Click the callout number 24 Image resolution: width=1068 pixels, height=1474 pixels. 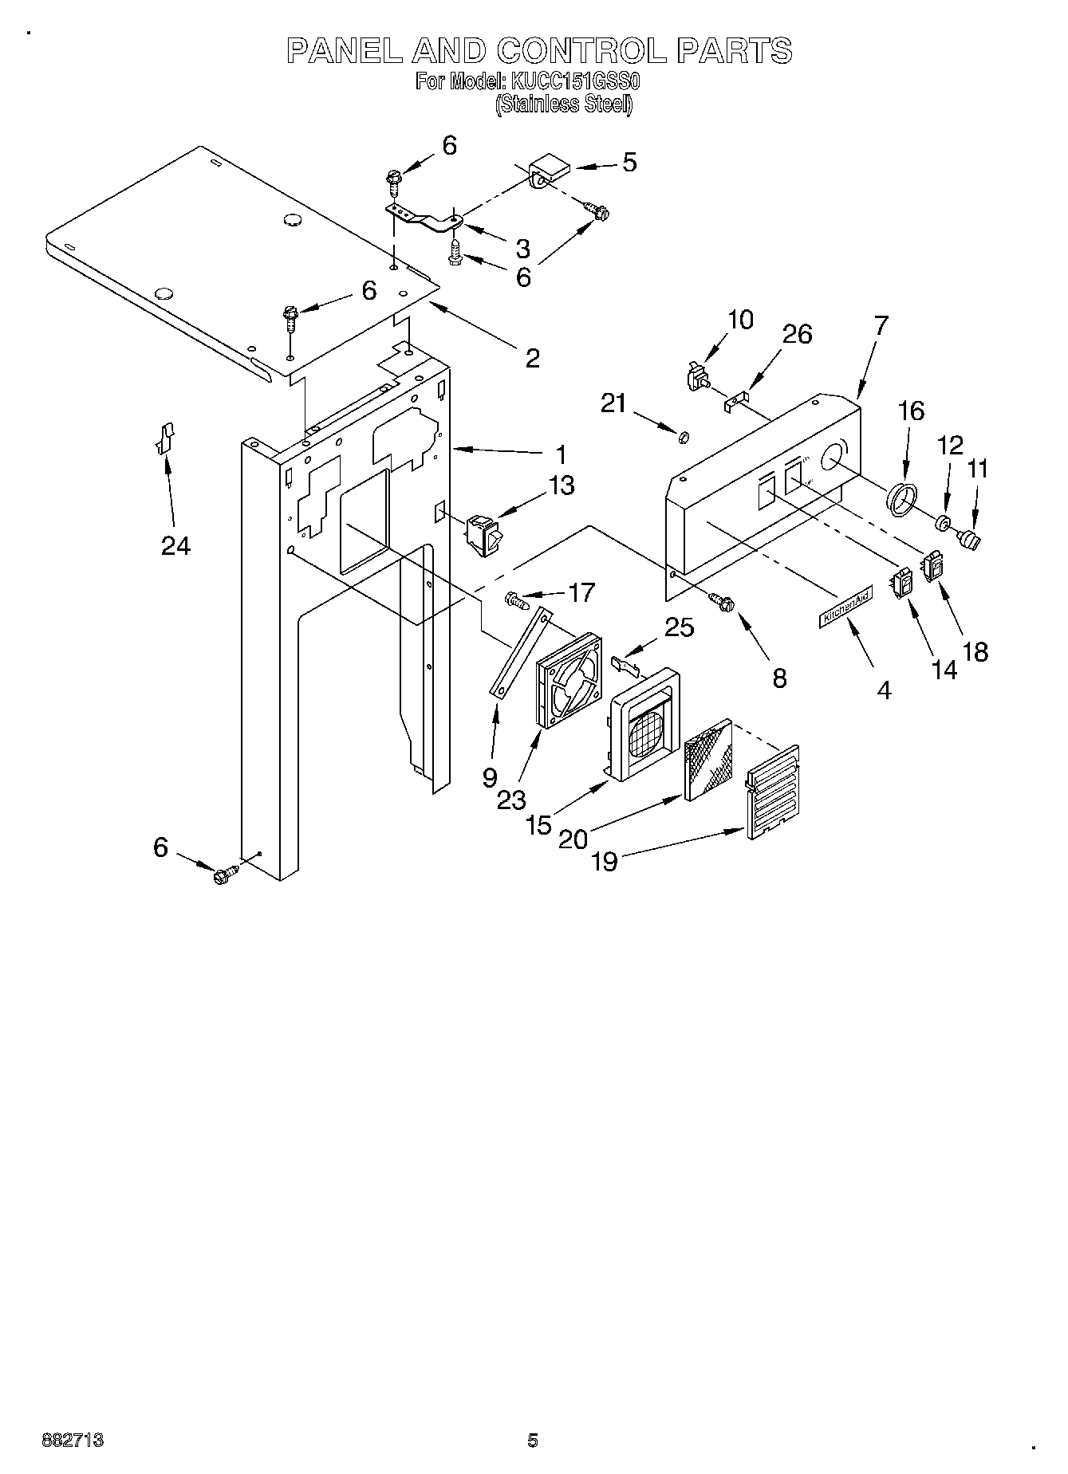pyautogui.click(x=175, y=546)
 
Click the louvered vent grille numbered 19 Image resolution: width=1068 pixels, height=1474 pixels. pyautogui.click(x=773, y=791)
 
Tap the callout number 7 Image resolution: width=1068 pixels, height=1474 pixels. pyautogui.click(x=880, y=327)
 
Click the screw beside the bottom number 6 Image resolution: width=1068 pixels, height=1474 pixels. pyautogui.click(x=223, y=874)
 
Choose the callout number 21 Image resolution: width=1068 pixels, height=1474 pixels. pyautogui.click(x=613, y=404)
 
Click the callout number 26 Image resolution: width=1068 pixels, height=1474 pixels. pyautogui.click(x=797, y=334)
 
